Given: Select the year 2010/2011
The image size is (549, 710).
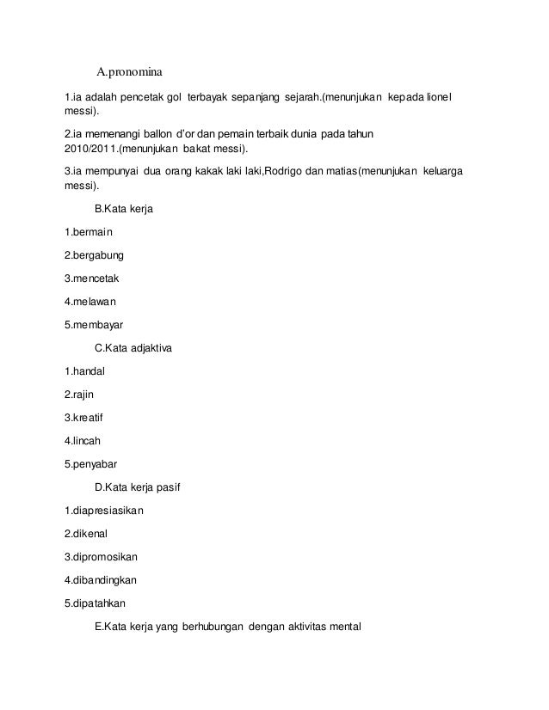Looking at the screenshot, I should [89, 150].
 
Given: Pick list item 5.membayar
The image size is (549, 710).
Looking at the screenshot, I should [95, 325].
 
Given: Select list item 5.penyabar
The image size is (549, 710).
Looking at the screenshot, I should [91, 464].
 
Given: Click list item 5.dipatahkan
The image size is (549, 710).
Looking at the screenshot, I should [99, 603].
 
